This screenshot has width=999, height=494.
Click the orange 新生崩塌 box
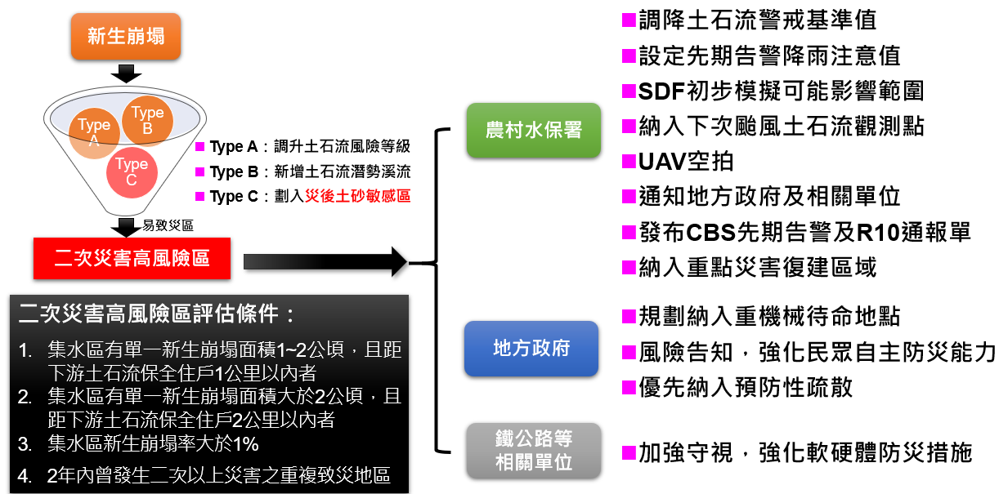click(x=125, y=37)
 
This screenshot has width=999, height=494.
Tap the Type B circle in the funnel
click(x=148, y=119)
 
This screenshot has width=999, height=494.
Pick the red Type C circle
click(x=131, y=171)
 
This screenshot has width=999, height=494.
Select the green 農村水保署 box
click(x=534, y=131)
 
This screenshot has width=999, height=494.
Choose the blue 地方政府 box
click(x=531, y=349)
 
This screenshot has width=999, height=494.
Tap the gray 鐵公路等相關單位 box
click(x=533, y=451)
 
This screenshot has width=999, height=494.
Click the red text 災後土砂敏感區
click(x=357, y=196)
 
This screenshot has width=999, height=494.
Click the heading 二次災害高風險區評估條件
click(x=155, y=314)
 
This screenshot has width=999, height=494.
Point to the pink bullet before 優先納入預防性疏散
click(x=628, y=385)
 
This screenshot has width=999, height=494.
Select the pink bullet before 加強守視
click(x=628, y=452)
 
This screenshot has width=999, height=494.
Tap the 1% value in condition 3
click(x=243, y=444)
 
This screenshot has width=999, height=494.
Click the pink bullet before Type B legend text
click(x=200, y=171)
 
